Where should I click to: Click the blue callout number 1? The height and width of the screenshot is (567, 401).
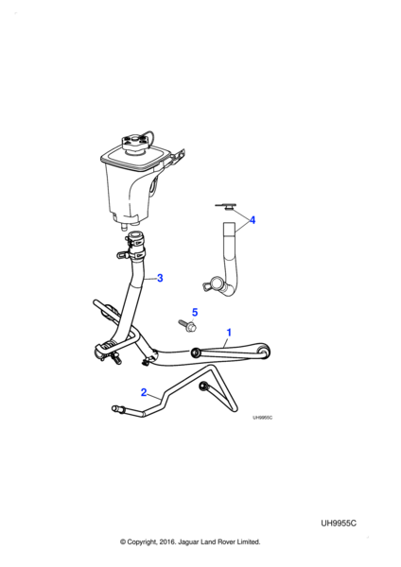[228, 332]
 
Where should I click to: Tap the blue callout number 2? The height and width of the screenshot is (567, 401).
[144, 392]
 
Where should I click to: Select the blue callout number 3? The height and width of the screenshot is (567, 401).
[160, 278]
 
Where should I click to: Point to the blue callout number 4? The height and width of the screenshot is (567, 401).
[253, 220]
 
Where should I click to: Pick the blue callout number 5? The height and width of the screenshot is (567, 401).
[195, 312]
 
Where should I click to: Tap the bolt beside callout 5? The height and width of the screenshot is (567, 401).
[187, 325]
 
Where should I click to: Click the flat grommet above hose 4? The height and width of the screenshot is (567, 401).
[225, 206]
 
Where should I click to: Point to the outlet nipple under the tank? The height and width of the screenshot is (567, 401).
[123, 226]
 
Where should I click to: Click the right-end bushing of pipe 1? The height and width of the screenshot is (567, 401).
[264, 351]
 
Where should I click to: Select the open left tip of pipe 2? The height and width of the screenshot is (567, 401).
[115, 408]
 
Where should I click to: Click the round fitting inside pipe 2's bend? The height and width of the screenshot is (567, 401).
[204, 386]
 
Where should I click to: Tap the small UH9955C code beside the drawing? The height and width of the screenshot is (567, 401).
[262, 418]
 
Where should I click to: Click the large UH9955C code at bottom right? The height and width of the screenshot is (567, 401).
[339, 524]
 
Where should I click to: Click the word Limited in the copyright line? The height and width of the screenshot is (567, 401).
[249, 541]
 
